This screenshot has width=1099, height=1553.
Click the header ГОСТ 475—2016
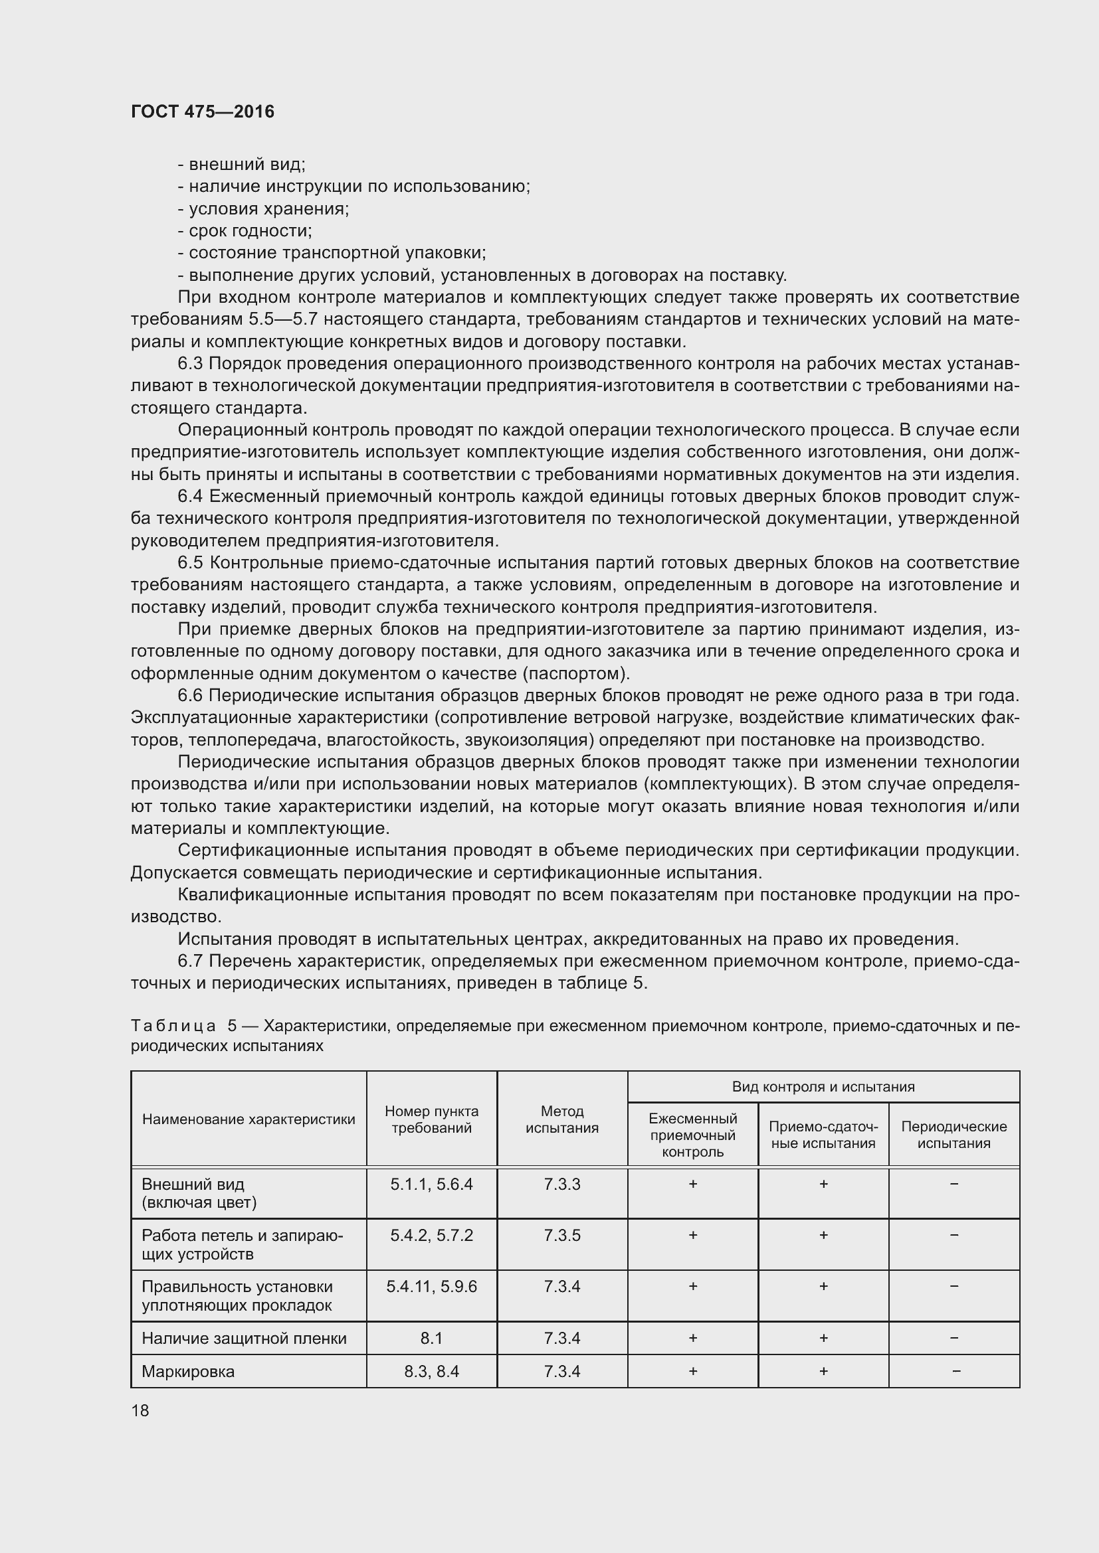203,112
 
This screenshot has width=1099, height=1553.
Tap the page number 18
140,1410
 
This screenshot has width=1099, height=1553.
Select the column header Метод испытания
561,1119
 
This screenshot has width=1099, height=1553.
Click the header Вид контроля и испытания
823,1087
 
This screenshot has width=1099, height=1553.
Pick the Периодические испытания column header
953,1135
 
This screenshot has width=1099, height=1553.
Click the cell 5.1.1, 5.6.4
431,1185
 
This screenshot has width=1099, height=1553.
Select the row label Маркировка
188,1372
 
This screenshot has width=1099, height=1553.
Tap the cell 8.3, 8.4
431,1372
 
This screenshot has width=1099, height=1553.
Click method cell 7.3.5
561,1236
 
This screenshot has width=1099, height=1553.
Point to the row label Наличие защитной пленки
244,1339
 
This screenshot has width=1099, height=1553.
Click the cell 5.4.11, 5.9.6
431,1287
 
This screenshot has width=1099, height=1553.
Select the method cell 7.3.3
561,1185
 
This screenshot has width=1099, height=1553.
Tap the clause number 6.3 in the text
190,364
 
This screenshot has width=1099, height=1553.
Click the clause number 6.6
190,696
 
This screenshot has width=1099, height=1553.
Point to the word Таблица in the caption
173,1026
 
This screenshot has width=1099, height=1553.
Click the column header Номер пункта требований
431,1119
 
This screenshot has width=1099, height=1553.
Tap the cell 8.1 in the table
431,1339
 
